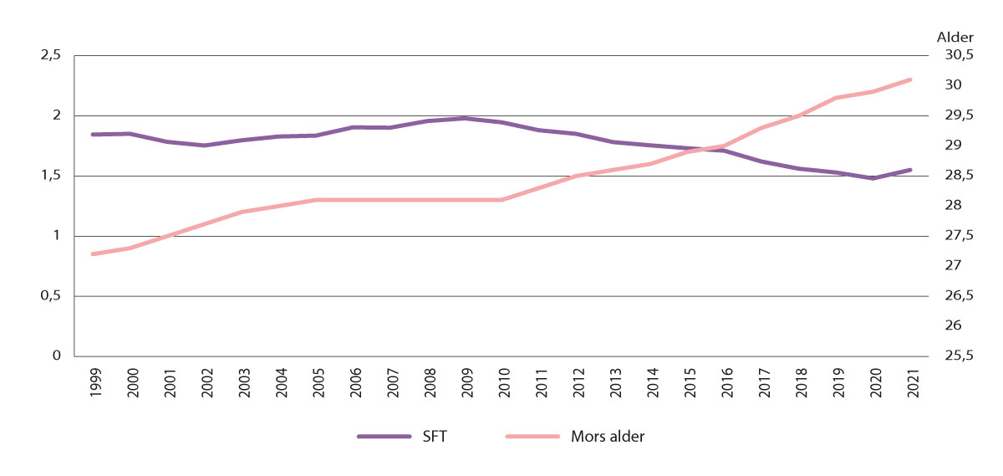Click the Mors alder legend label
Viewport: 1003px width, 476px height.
pos(608,436)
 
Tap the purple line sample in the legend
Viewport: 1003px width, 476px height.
pos(384,436)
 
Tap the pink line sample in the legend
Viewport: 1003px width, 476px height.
pos(534,436)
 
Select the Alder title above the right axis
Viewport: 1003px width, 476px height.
pos(951,37)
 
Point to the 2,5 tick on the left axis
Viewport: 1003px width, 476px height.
pos(51,55)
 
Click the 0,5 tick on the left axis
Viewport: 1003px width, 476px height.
pos(51,296)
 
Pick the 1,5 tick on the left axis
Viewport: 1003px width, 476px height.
pos(51,176)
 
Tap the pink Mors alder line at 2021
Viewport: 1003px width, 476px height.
pos(910,79)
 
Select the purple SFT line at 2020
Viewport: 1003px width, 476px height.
pos(873,178)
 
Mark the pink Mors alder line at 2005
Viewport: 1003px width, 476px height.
pos(316,200)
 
